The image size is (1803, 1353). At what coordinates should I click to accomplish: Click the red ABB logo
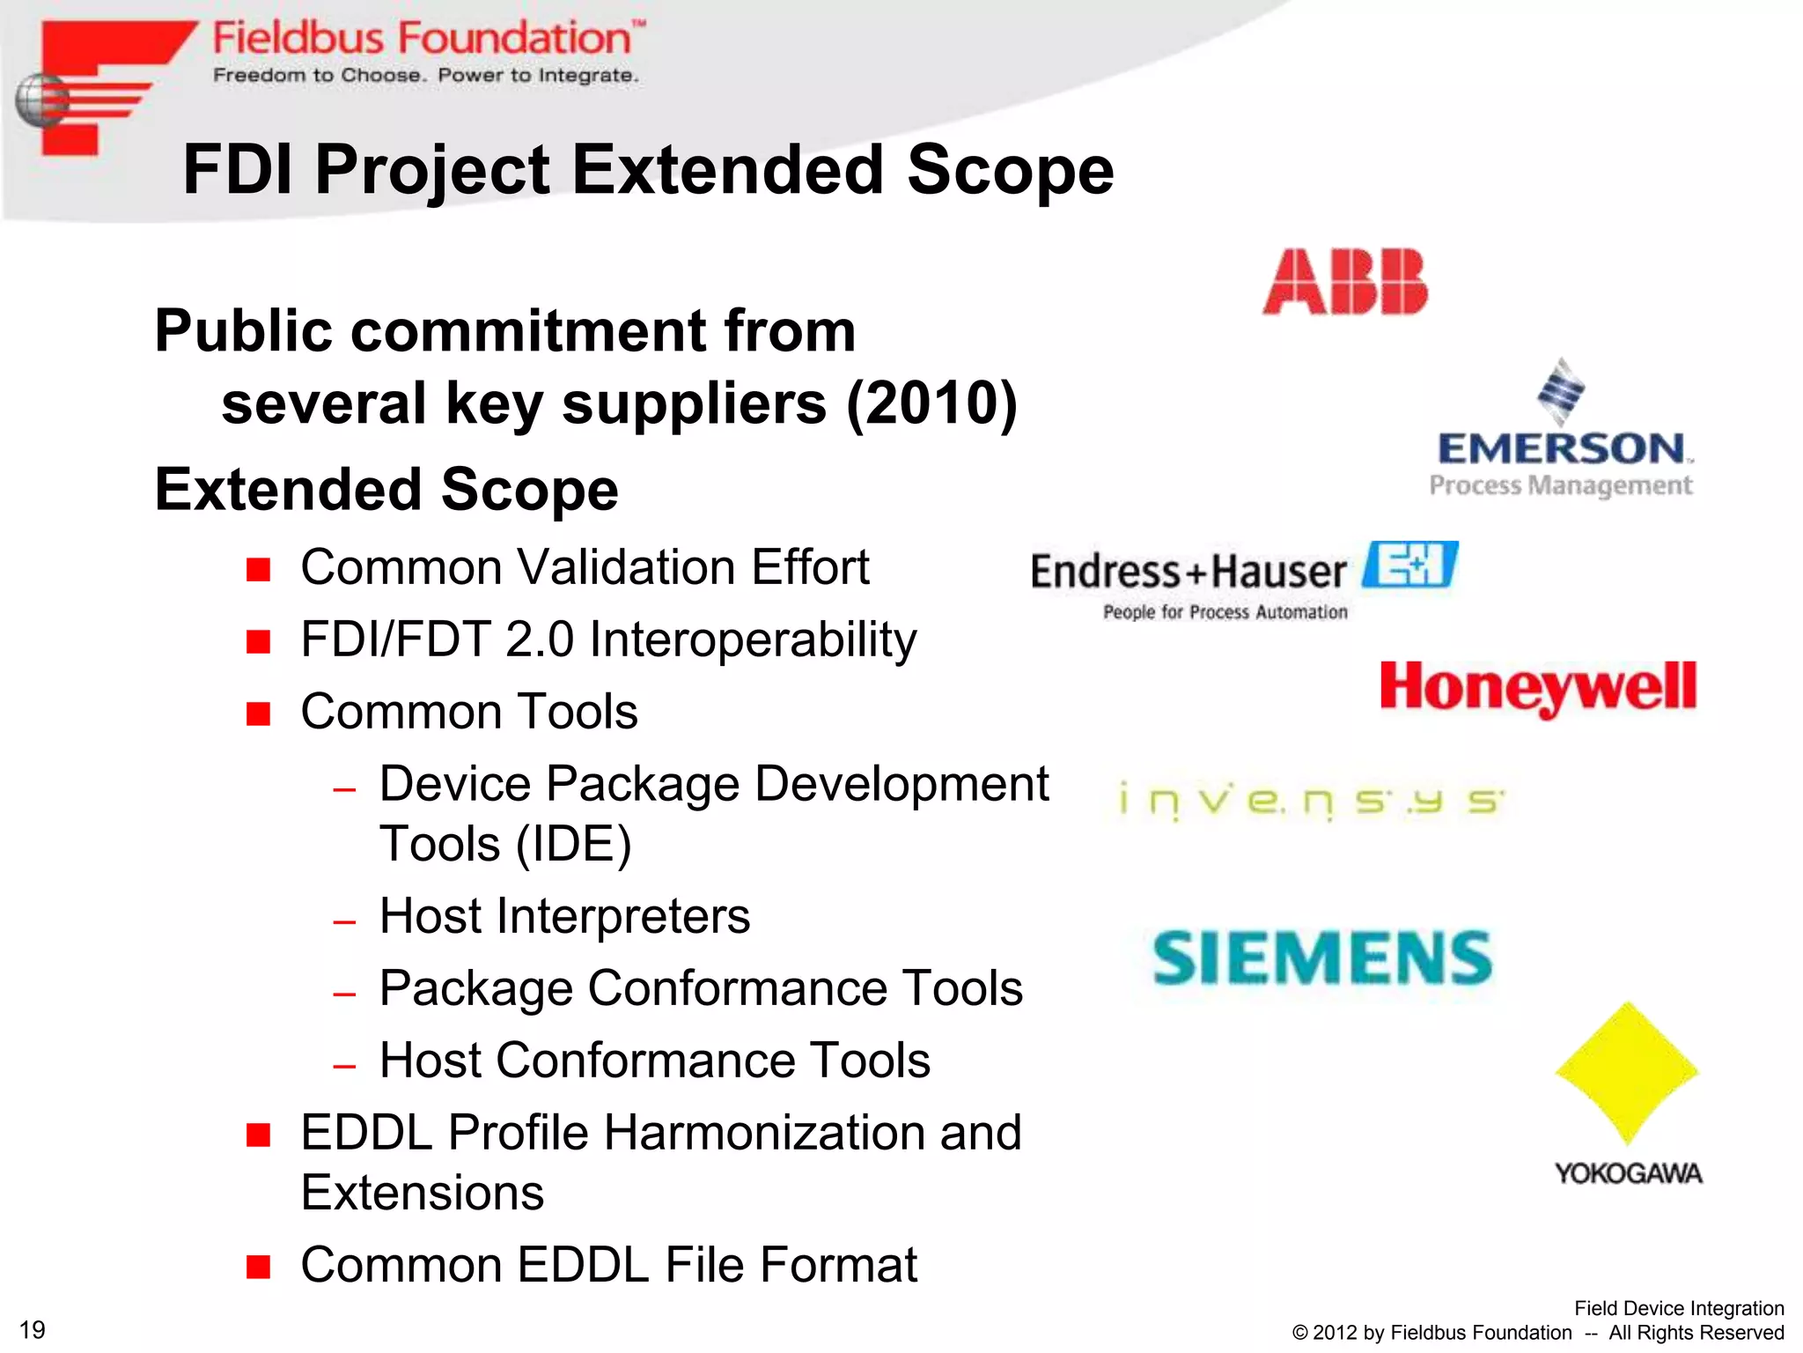pyautogui.click(x=1345, y=282)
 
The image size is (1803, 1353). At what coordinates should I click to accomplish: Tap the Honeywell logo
pyautogui.click(x=1538, y=688)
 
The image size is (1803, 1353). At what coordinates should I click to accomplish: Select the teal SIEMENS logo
pyautogui.click(x=1322, y=958)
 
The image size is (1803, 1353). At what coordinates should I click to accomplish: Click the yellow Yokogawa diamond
pyautogui.click(x=1627, y=1073)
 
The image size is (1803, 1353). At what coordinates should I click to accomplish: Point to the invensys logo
pyautogui.click(x=1311, y=802)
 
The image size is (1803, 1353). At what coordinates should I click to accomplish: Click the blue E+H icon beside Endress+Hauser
pyautogui.click(x=1410, y=565)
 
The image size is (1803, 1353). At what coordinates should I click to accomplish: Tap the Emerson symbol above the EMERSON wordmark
pyautogui.click(x=1561, y=391)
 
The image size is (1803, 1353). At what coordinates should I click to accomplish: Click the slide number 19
pyautogui.click(x=32, y=1329)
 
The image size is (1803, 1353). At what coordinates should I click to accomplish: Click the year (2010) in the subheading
pyautogui.click(x=931, y=403)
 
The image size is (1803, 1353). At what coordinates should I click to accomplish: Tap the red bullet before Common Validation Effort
pyautogui.click(x=258, y=570)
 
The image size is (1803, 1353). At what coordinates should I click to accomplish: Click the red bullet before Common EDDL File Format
pyautogui.click(x=258, y=1267)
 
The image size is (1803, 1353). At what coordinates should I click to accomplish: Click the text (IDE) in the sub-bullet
pyautogui.click(x=573, y=845)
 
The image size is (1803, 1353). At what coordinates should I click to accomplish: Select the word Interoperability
pyautogui.click(x=753, y=640)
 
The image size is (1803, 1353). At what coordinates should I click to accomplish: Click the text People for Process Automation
pyautogui.click(x=1225, y=612)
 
